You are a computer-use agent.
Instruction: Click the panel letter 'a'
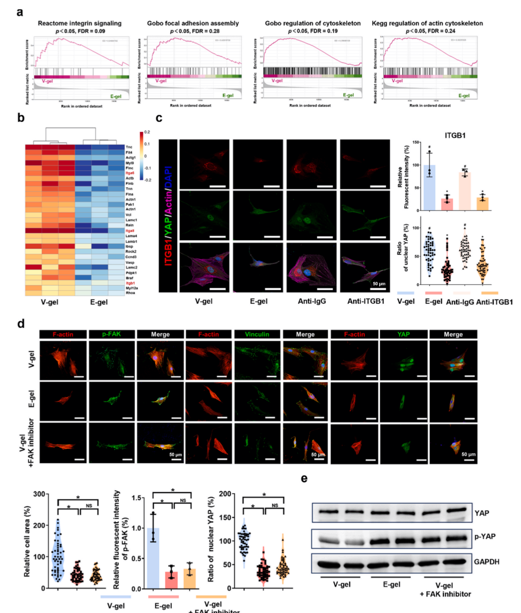20,11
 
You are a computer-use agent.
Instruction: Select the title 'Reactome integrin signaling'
80,23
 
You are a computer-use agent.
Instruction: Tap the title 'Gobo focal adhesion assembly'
193,23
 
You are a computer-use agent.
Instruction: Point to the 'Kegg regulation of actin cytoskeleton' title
427,23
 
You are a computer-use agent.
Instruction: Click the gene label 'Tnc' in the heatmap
129,147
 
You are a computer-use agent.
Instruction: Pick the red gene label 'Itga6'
130,173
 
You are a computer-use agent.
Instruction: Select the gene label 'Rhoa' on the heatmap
130,293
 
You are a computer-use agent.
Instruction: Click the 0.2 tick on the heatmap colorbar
147,132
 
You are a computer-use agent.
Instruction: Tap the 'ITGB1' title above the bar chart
455,135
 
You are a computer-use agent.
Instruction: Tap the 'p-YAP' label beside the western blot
485,537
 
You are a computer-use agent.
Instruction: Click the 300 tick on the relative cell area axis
37,494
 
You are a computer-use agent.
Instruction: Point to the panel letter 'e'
304,478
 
